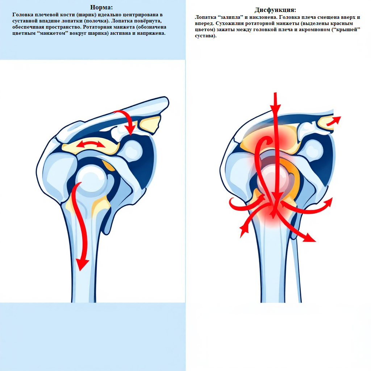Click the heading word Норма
tap(101, 8)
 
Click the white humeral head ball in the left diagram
tap(91, 179)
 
